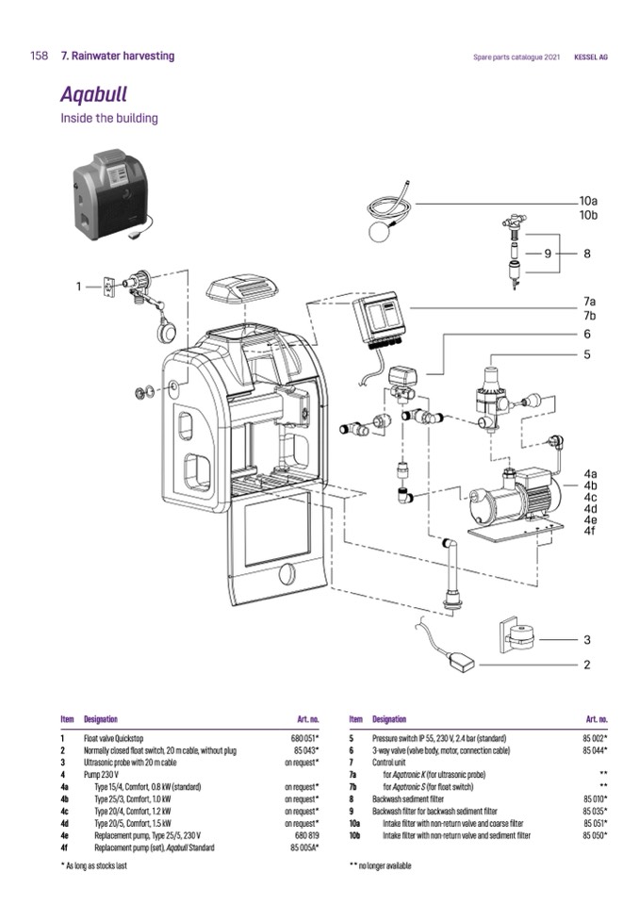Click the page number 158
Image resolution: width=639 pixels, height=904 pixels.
pyautogui.click(x=39, y=57)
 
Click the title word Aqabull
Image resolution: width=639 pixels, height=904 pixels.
pyautogui.click(x=93, y=94)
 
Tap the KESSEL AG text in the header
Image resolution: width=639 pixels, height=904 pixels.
pyautogui.click(x=591, y=58)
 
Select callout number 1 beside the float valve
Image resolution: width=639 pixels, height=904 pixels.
pyautogui.click(x=80, y=285)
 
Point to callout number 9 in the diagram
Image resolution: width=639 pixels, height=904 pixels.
pyautogui.click(x=548, y=254)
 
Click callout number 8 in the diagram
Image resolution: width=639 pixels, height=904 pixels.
pyautogui.click(x=586, y=254)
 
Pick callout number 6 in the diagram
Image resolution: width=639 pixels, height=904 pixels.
pyautogui.click(x=586, y=334)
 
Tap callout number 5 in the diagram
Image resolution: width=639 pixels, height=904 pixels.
pyautogui.click(x=586, y=354)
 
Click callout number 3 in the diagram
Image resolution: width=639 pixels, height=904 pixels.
pyautogui.click(x=586, y=639)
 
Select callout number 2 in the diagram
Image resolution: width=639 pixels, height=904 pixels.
pyautogui.click(x=586, y=665)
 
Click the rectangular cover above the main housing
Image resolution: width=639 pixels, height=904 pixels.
pyautogui.click(x=244, y=289)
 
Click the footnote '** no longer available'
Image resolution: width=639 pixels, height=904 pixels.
pyautogui.click(x=380, y=864)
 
